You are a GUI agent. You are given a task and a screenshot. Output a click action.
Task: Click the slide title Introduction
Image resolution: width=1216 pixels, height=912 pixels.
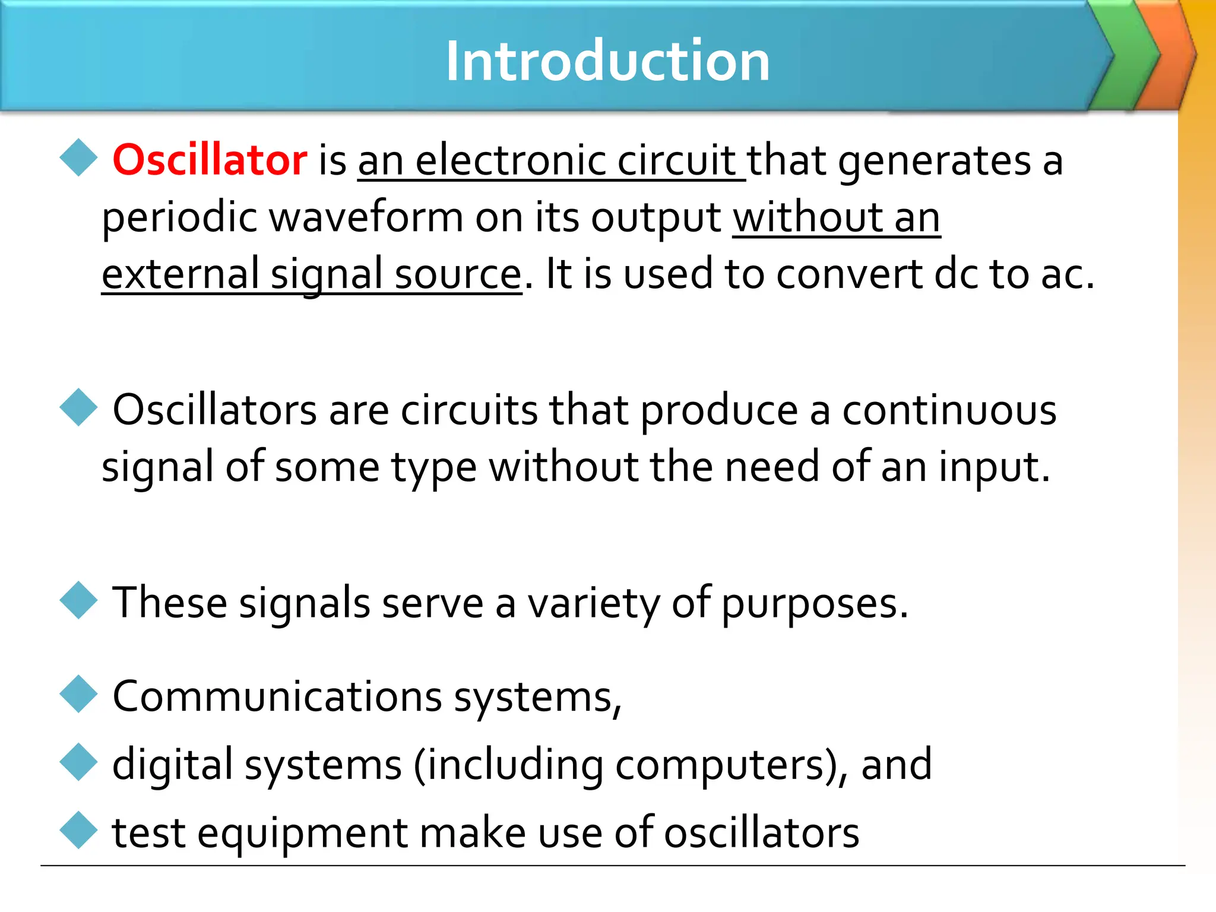[x=608, y=61]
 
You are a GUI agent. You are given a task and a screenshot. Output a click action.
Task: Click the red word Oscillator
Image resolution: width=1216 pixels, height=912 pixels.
[x=210, y=160]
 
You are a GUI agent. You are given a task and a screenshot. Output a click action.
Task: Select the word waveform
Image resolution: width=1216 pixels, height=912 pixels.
[x=366, y=217]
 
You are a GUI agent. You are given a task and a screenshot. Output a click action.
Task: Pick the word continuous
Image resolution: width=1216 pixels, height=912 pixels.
[x=949, y=410]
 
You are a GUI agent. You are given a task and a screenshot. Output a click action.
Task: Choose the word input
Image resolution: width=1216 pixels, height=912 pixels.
[x=994, y=467]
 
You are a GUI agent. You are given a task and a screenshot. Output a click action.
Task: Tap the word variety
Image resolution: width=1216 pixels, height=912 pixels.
[x=594, y=603]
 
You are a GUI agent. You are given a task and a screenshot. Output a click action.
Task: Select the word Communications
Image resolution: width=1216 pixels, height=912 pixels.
[x=277, y=696]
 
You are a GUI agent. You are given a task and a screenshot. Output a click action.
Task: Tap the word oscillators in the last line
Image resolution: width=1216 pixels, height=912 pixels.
[x=761, y=832]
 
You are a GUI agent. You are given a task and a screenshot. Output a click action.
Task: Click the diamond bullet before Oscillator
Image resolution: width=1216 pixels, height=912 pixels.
[x=78, y=158]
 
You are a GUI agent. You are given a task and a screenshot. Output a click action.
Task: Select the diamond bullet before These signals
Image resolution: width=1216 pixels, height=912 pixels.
[x=78, y=600]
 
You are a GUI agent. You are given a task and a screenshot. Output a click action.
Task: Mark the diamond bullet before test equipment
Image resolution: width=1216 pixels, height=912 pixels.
[x=78, y=830]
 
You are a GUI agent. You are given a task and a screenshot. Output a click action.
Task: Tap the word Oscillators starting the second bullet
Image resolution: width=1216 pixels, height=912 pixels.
[x=215, y=410]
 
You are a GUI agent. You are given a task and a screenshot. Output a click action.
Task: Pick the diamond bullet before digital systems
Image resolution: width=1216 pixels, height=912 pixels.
[x=78, y=762]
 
